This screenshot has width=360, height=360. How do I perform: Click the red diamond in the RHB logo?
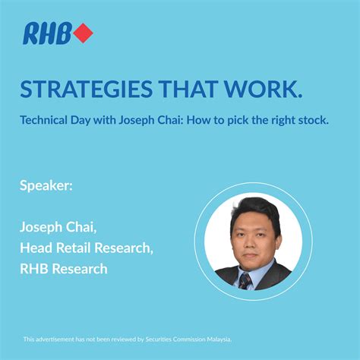coord(83,33)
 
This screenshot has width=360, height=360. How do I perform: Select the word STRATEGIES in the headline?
coord(86,89)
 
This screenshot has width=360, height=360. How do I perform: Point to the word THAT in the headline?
coord(188,89)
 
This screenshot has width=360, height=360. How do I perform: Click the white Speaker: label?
coord(46,186)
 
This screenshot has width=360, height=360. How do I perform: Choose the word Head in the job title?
coord(36,248)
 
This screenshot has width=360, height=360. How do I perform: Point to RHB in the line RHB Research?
coord(33,269)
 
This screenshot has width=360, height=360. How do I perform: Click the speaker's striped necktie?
coord(245,281)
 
